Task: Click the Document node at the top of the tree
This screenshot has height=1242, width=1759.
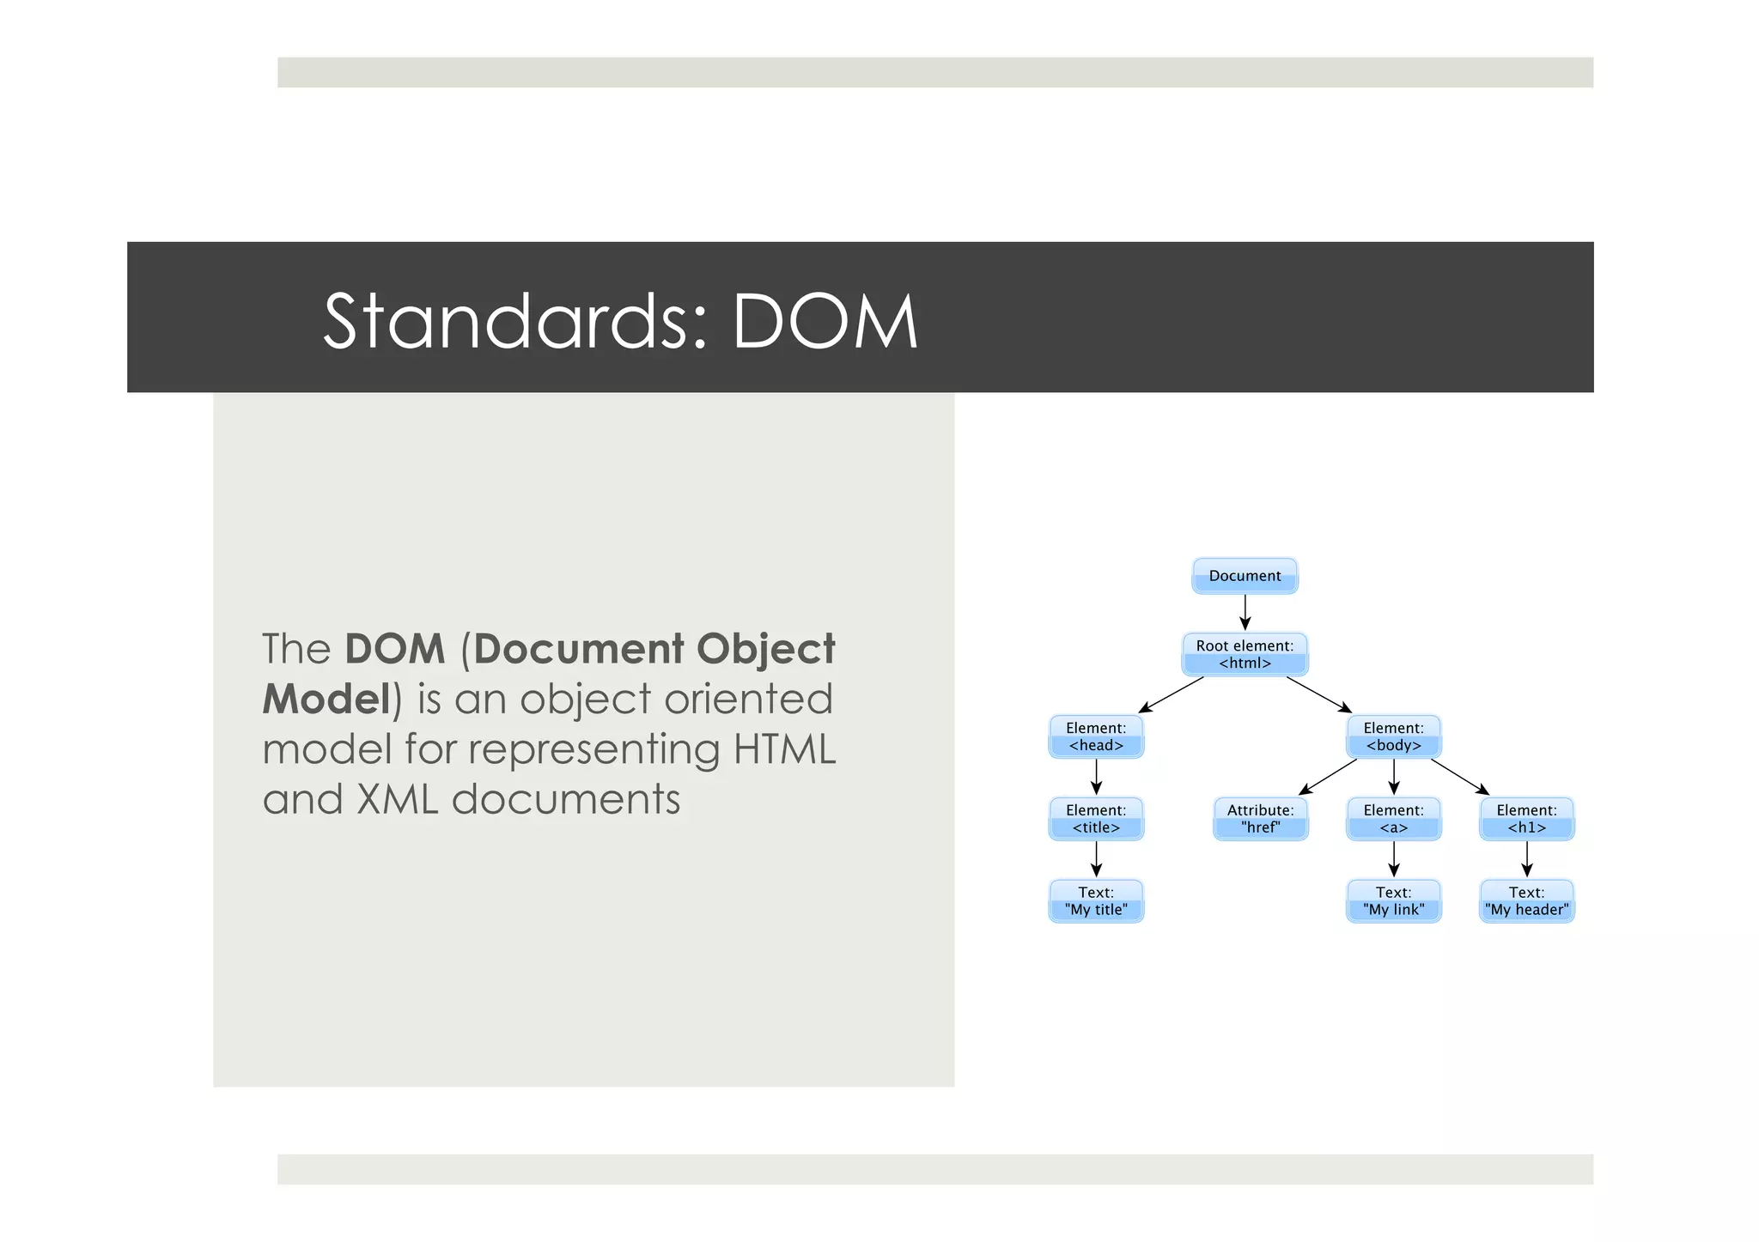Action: tap(1245, 576)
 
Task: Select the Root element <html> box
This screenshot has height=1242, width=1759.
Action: tap(1245, 654)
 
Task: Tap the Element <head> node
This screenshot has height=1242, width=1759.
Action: tap(1096, 736)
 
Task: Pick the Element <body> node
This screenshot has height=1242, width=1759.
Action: tap(1393, 736)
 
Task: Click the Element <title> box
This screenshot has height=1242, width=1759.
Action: tap(1096, 819)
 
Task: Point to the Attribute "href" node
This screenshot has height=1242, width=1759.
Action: tap(1260, 819)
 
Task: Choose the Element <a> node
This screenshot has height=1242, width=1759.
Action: tap(1393, 819)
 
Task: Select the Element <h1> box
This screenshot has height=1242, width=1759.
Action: tap(1526, 819)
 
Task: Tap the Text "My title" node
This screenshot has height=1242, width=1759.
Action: tap(1096, 901)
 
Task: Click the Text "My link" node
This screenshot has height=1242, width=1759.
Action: tap(1393, 901)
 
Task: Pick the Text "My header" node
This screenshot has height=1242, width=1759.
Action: tap(1526, 901)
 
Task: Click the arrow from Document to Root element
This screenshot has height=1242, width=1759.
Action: tap(1245, 612)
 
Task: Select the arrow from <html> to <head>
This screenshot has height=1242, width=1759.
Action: tap(1172, 694)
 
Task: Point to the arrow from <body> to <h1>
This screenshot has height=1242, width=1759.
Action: tap(1459, 777)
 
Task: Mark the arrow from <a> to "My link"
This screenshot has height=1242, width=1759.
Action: tap(1393, 858)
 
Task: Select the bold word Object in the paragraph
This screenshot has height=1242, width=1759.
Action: tap(765, 649)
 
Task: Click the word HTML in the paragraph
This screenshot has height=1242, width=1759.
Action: tap(784, 749)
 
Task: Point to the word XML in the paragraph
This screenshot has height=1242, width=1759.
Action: tap(397, 799)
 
